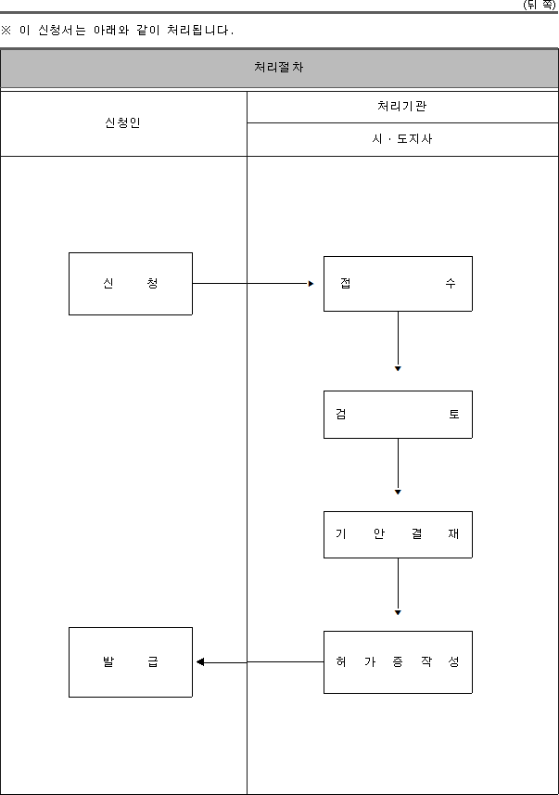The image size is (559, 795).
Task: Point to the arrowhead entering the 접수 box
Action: (x=311, y=284)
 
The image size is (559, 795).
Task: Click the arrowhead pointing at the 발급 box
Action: (x=200, y=661)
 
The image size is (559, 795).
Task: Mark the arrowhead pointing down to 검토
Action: (x=398, y=368)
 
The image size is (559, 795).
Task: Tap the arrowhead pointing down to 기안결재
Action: (x=398, y=492)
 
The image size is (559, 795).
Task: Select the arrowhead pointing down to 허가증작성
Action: (x=398, y=612)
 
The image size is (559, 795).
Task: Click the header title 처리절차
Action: (x=279, y=67)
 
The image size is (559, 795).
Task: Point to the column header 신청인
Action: (x=122, y=122)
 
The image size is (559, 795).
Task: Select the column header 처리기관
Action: (x=402, y=106)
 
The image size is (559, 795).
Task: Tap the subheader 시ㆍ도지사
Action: (x=402, y=139)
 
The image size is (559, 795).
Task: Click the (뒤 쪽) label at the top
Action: (x=540, y=5)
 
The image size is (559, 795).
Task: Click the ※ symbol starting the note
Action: (x=6, y=30)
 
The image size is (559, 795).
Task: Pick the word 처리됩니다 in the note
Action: (x=198, y=30)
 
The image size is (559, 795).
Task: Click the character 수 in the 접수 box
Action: (x=451, y=283)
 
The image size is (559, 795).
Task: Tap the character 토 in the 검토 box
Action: (x=453, y=415)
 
